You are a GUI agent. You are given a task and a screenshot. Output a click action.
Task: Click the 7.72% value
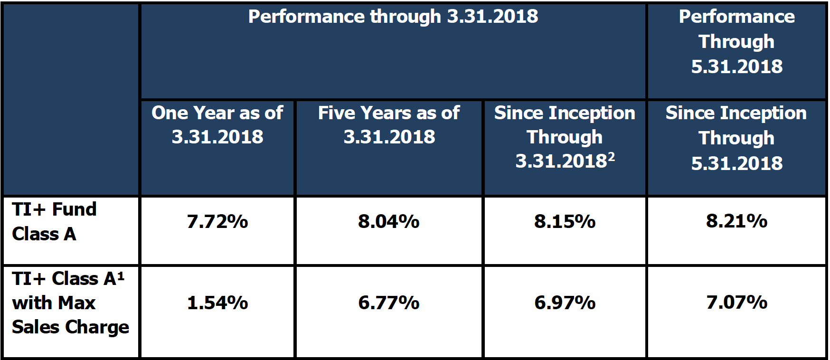[217, 222]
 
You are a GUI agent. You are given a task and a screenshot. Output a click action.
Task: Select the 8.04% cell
[389, 222]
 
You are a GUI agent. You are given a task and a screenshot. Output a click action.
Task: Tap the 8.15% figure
[565, 222]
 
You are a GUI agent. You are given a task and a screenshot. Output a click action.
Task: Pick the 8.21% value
[737, 221]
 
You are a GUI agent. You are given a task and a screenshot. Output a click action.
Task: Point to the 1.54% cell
[217, 303]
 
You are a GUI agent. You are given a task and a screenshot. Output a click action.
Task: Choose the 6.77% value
[389, 303]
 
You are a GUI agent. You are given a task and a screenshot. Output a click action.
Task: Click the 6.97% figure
[565, 303]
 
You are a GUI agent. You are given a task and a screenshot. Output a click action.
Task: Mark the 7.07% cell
[737, 303]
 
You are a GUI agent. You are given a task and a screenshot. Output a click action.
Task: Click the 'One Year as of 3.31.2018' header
[217, 125]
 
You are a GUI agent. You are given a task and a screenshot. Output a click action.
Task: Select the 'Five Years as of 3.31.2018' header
[389, 125]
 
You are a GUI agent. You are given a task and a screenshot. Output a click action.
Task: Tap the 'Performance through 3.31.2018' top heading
[393, 17]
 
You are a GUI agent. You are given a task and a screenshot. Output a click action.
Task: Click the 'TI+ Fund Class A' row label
[54, 222]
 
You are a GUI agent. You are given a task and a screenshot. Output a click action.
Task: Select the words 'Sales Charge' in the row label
[70, 327]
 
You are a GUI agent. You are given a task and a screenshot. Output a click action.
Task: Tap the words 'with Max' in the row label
[54, 303]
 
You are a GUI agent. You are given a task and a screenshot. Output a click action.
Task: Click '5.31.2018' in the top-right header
[737, 66]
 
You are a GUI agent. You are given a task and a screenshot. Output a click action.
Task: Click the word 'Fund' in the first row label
[75, 209]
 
